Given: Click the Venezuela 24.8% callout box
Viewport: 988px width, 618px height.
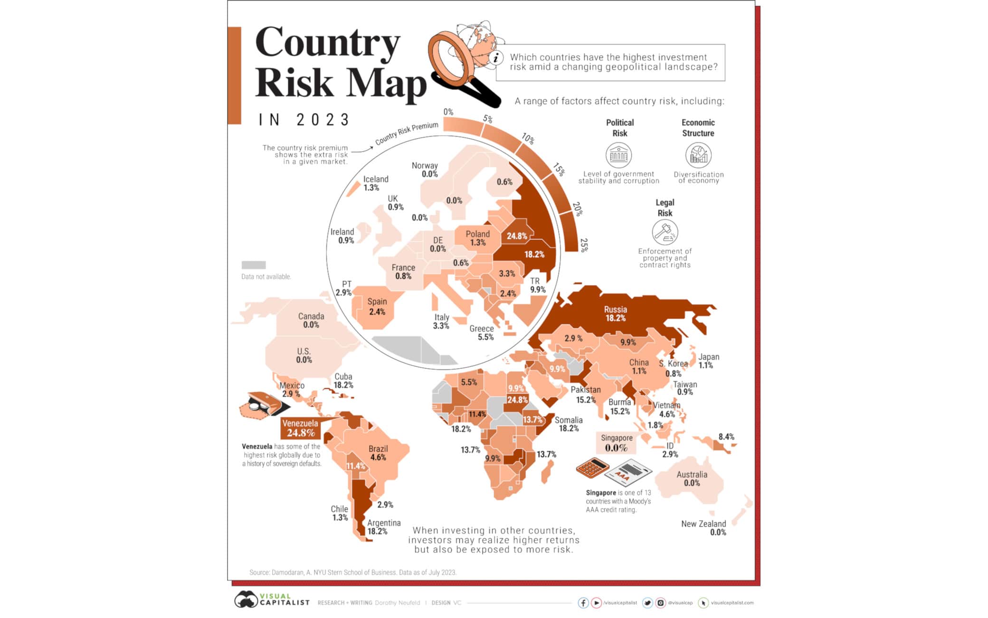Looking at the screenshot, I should (x=300, y=428).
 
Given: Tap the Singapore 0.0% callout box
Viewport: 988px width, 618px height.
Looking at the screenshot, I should (x=616, y=443).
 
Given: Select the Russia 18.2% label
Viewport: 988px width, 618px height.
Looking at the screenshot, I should (x=615, y=314).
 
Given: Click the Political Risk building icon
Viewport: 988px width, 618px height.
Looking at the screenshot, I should (x=618, y=155).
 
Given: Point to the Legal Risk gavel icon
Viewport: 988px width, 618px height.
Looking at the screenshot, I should (x=665, y=232).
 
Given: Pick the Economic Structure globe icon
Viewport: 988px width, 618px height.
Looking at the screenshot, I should (x=698, y=155).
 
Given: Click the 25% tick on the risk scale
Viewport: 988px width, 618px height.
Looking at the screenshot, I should (x=584, y=245).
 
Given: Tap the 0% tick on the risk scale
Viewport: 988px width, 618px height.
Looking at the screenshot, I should (x=448, y=112).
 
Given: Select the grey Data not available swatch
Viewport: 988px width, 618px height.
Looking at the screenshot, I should (x=253, y=265).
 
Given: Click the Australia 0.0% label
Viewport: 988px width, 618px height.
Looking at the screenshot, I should (x=692, y=478).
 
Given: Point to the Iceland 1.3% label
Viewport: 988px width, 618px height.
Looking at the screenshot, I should (x=375, y=183).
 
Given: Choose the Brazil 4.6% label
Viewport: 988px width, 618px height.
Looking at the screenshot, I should (x=378, y=453).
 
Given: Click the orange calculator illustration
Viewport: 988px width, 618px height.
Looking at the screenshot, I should (x=592, y=468).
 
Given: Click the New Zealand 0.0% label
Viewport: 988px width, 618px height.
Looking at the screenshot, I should (x=704, y=528).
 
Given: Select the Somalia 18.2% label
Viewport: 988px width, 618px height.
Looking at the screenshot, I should (x=568, y=424).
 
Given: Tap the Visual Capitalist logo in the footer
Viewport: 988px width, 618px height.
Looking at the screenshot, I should (x=272, y=599).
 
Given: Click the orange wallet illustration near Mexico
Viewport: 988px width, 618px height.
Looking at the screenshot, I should (x=263, y=406).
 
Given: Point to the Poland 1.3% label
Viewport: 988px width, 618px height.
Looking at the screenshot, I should (x=477, y=238).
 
